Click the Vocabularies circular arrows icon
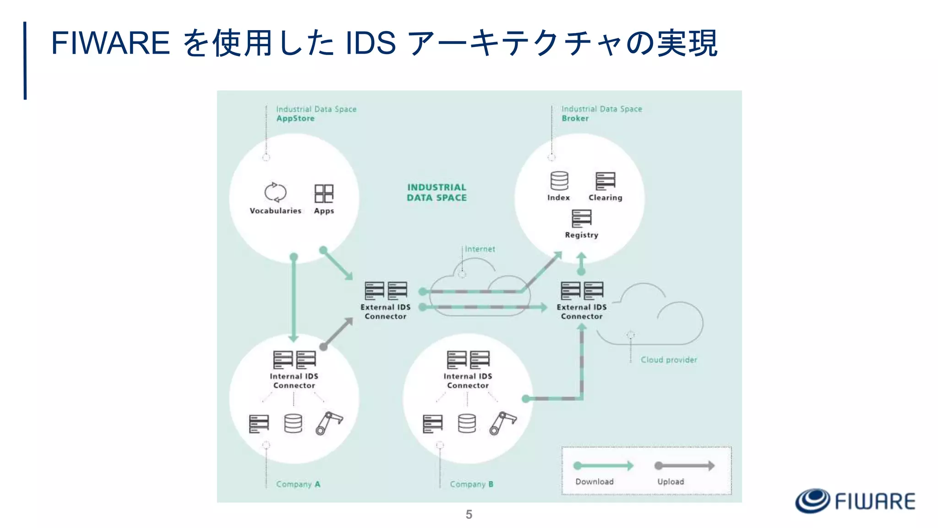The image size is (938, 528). (x=275, y=192)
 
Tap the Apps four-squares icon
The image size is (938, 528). (x=324, y=193)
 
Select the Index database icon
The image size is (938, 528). (x=559, y=181)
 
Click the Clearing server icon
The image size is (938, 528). (x=605, y=181)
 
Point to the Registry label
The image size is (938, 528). (x=581, y=235)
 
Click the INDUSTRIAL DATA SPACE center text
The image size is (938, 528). (x=436, y=192)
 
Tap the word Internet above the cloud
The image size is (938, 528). (x=480, y=249)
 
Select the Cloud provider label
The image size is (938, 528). (x=668, y=360)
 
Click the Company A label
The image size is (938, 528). (x=298, y=484)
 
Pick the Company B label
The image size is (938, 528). (x=471, y=484)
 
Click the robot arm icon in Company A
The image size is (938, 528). (x=329, y=423)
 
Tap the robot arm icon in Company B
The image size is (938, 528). (x=502, y=423)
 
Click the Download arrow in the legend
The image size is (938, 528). (x=603, y=466)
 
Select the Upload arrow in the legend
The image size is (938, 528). (x=684, y=466)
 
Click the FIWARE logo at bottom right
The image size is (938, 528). (x=855, y=500)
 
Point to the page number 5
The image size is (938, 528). (x=469, y=514)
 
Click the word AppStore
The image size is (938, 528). (x=295, y=118)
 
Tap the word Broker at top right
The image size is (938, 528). (x=575, y=118)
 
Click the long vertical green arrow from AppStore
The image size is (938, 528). (x=294, y=298)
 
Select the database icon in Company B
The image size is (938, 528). (x=467, y=423)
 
